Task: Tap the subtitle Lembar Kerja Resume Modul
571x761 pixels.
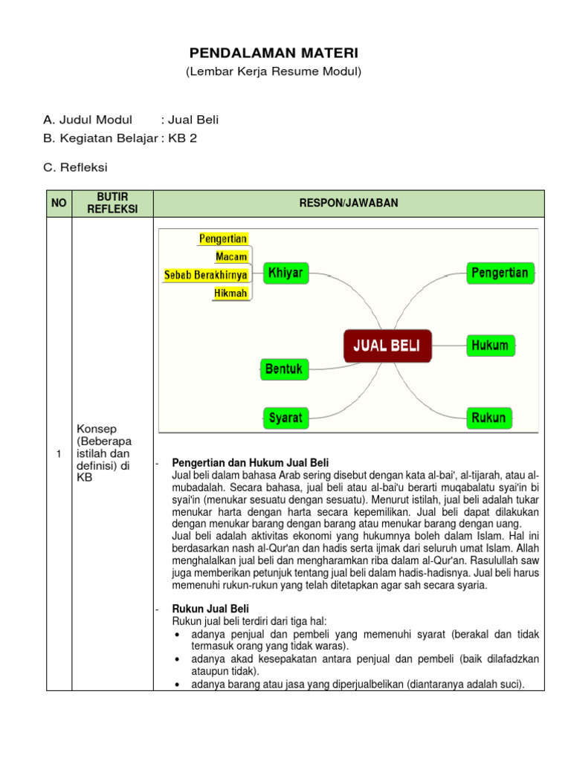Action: click(x=273, y=72)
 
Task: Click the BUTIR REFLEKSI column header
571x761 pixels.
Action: click(x=112, y=203)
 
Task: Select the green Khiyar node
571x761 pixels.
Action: click(x=285, y=273)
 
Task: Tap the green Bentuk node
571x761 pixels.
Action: click(x=284, y=369)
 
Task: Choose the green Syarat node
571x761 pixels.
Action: click(x=285, y=418)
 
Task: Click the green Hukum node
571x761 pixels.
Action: click(x=489, y=346)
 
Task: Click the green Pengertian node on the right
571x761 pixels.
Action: click(x=500, y=273)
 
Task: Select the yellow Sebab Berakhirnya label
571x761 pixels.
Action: click(x=205, y=275)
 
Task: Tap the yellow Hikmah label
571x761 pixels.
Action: click(x=230, y=294)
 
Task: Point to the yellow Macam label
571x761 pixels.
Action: click(x=231, y=257)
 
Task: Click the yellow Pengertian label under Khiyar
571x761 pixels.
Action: click(x=223, y=239)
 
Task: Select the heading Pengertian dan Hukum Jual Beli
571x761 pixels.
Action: click(x=250, y=463)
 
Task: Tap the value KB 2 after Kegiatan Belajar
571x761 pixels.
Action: click(x=183, y=139)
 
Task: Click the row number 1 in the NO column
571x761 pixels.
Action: click(x=59, y=456)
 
